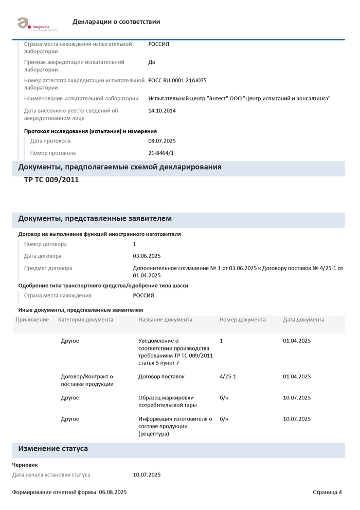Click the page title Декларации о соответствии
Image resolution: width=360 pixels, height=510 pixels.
click(x=116, y=22)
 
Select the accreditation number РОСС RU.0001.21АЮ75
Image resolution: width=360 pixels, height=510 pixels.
click(x=177, y=80)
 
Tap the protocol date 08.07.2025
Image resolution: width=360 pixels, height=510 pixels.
click(x=162, y=140)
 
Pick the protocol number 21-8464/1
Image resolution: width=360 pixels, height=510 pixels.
click(x=161, y=153)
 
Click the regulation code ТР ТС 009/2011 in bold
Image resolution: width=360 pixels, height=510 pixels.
click(x=51, y=180)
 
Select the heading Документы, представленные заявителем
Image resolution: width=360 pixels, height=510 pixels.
click(x=95, y=219)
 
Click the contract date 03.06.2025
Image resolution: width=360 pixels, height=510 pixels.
click(x=147, y=256)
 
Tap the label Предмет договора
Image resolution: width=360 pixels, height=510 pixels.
click(x=48, y=268)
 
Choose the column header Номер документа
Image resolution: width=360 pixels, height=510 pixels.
click(x=243, y=320)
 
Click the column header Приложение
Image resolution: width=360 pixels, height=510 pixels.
click(x=32, y=320)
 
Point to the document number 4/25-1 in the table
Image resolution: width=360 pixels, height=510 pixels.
click(x=228, y=377)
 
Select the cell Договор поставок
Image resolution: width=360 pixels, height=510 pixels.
click(x=161, y=377)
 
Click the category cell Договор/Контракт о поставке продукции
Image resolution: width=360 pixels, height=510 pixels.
click(x=86, y=380)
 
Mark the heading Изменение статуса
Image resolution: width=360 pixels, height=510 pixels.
click(x=53, y=449)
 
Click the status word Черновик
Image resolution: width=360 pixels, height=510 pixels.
click(x=25, y=465)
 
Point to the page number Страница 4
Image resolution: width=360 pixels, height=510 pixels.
click(x=327, y=492)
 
